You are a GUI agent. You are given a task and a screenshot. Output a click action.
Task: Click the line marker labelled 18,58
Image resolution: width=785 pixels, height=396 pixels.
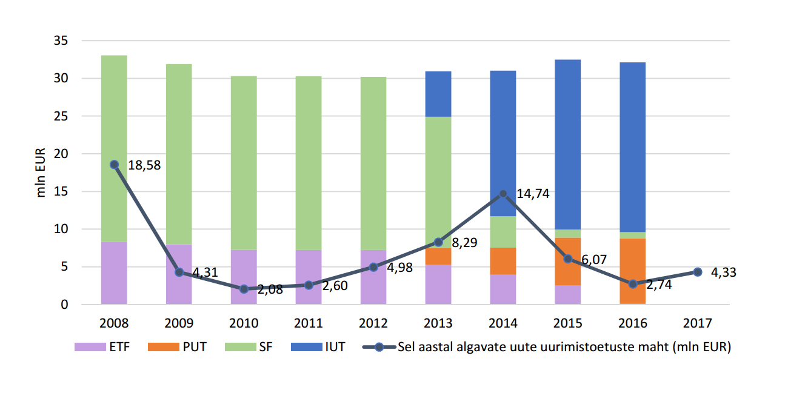pos(114,164)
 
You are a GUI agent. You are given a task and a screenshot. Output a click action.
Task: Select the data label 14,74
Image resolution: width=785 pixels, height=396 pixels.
pos(533,194)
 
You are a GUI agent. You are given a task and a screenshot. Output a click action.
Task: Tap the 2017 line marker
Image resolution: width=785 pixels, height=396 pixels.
pos(698,272)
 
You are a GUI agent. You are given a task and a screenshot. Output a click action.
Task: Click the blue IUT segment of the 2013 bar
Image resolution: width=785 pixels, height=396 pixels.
pos(438,94)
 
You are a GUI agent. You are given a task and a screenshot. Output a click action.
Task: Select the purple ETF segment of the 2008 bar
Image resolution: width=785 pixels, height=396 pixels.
pos(114,272)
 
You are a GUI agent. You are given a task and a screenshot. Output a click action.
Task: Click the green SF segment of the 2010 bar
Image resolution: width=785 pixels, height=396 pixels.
pos(244,162)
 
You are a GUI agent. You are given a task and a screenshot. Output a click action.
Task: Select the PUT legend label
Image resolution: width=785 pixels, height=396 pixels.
pos(194,348)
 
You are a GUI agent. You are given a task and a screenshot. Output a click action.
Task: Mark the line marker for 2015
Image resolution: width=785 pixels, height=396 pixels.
pos(568,259)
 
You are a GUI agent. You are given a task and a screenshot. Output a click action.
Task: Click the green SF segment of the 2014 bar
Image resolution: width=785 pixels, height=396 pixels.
pos(503,232)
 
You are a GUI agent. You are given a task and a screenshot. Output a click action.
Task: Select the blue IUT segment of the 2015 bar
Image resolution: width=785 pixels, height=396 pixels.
pos(568,144)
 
